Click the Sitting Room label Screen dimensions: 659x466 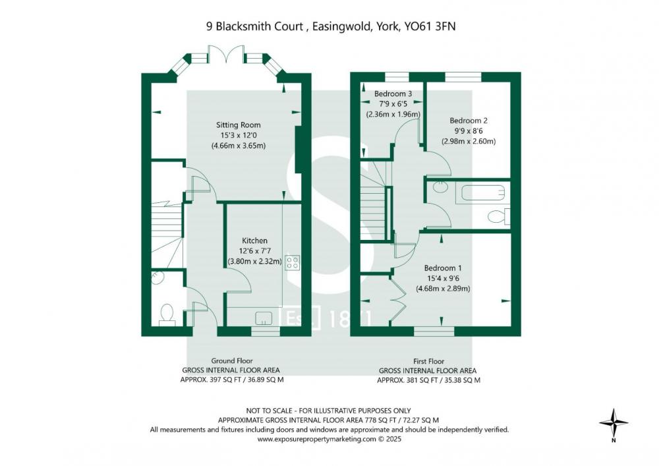click(x=239, y=125)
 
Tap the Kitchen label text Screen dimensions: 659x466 click(x=254, y=241)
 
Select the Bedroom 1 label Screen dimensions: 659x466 click(x=443, y=268)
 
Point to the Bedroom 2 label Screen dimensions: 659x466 click(x=469, y=121)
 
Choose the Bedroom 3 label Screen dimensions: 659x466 click(x=393, y=94)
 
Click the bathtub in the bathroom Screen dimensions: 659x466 click(x=482, y=193)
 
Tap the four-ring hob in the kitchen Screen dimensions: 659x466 click(x=293, y=262)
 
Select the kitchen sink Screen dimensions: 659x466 click(x=264, y=318)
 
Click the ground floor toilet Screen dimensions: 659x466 click(x=167, y=314)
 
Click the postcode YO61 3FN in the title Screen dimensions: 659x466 click(x=430, y=26)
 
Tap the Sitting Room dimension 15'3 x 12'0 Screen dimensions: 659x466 click(x=239, y=135)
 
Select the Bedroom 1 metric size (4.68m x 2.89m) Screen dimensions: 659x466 click(x=443, y=289)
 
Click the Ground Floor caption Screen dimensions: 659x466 click(x=231, y=361)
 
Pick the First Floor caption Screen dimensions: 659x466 click(x=429, y=361)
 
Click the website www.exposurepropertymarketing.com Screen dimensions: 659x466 click(x=316, y=439)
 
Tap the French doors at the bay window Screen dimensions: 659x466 click(x=227, y=54)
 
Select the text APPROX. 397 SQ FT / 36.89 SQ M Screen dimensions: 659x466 click(x=231, y=380)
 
